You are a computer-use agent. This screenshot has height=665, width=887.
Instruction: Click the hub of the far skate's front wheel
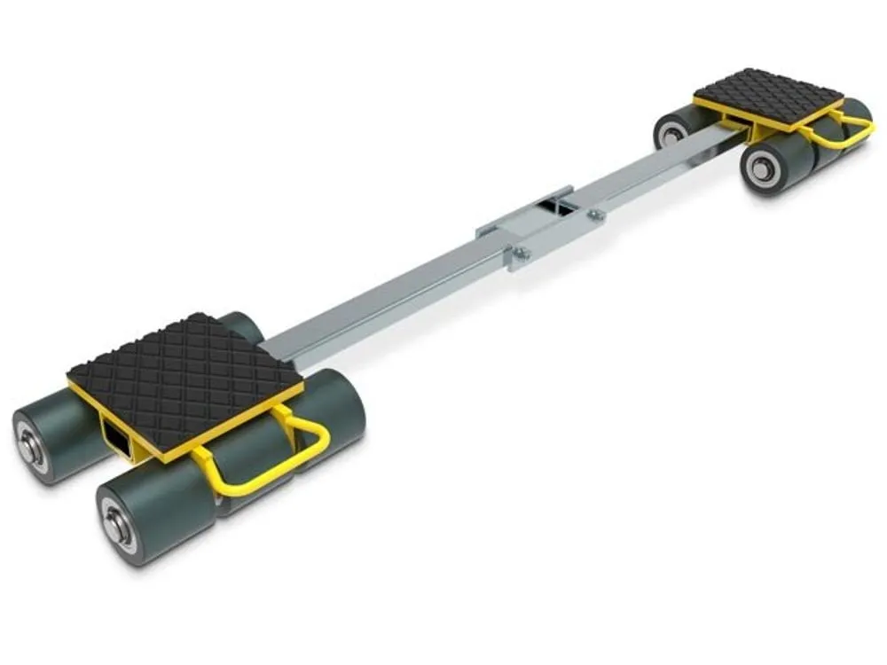pos(761,169)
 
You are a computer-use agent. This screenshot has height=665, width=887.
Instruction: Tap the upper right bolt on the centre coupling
pos(596,214)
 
